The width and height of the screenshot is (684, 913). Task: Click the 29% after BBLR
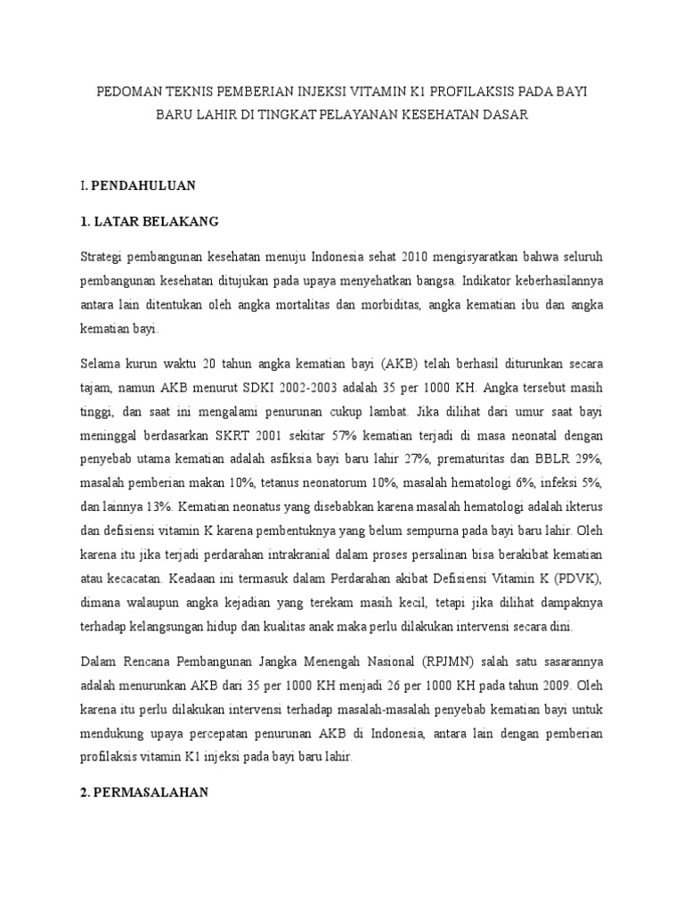coord(591,459)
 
